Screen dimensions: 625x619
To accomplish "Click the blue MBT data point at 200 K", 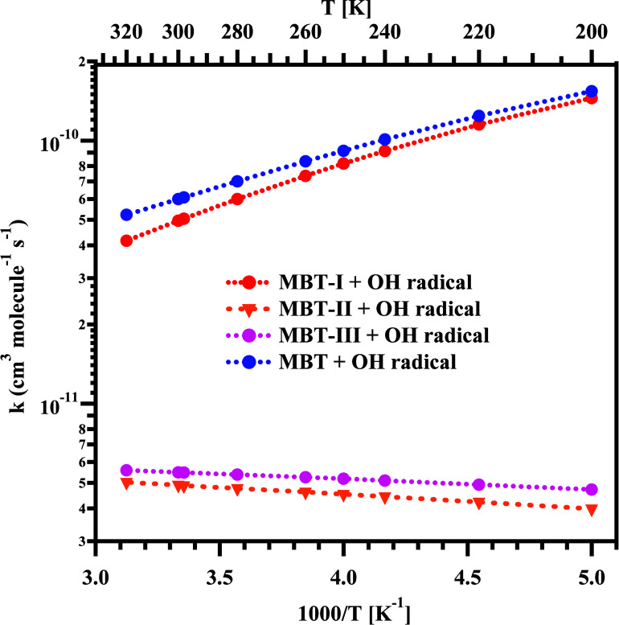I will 592,92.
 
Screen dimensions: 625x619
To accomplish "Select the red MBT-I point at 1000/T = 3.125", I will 126,241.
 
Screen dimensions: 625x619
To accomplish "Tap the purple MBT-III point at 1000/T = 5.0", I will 592,490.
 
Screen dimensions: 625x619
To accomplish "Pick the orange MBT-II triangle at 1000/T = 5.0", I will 592,510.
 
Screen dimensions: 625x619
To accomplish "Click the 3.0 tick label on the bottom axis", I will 96,578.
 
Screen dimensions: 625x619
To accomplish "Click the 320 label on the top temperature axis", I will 126,33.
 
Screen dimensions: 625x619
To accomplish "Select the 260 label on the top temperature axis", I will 305,33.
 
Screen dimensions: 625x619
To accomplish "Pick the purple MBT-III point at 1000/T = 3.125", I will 126,471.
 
